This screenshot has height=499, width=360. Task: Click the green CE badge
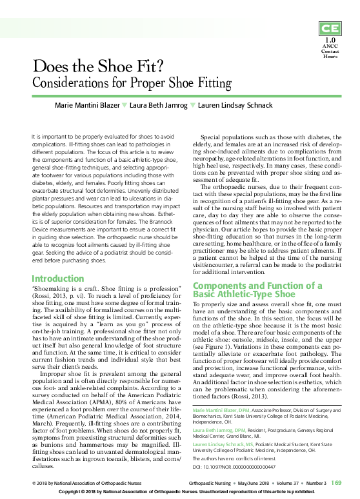[x=330, y=29]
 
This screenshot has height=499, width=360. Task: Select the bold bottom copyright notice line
[x=179, y=492]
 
